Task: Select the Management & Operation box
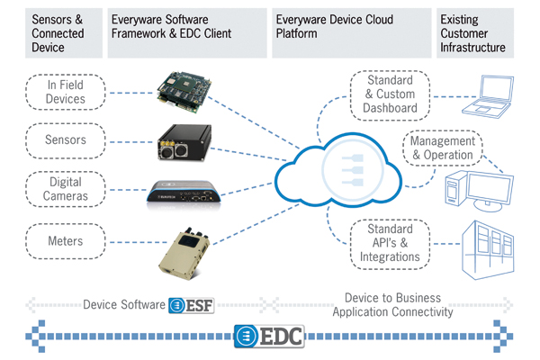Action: coord(443,147)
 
